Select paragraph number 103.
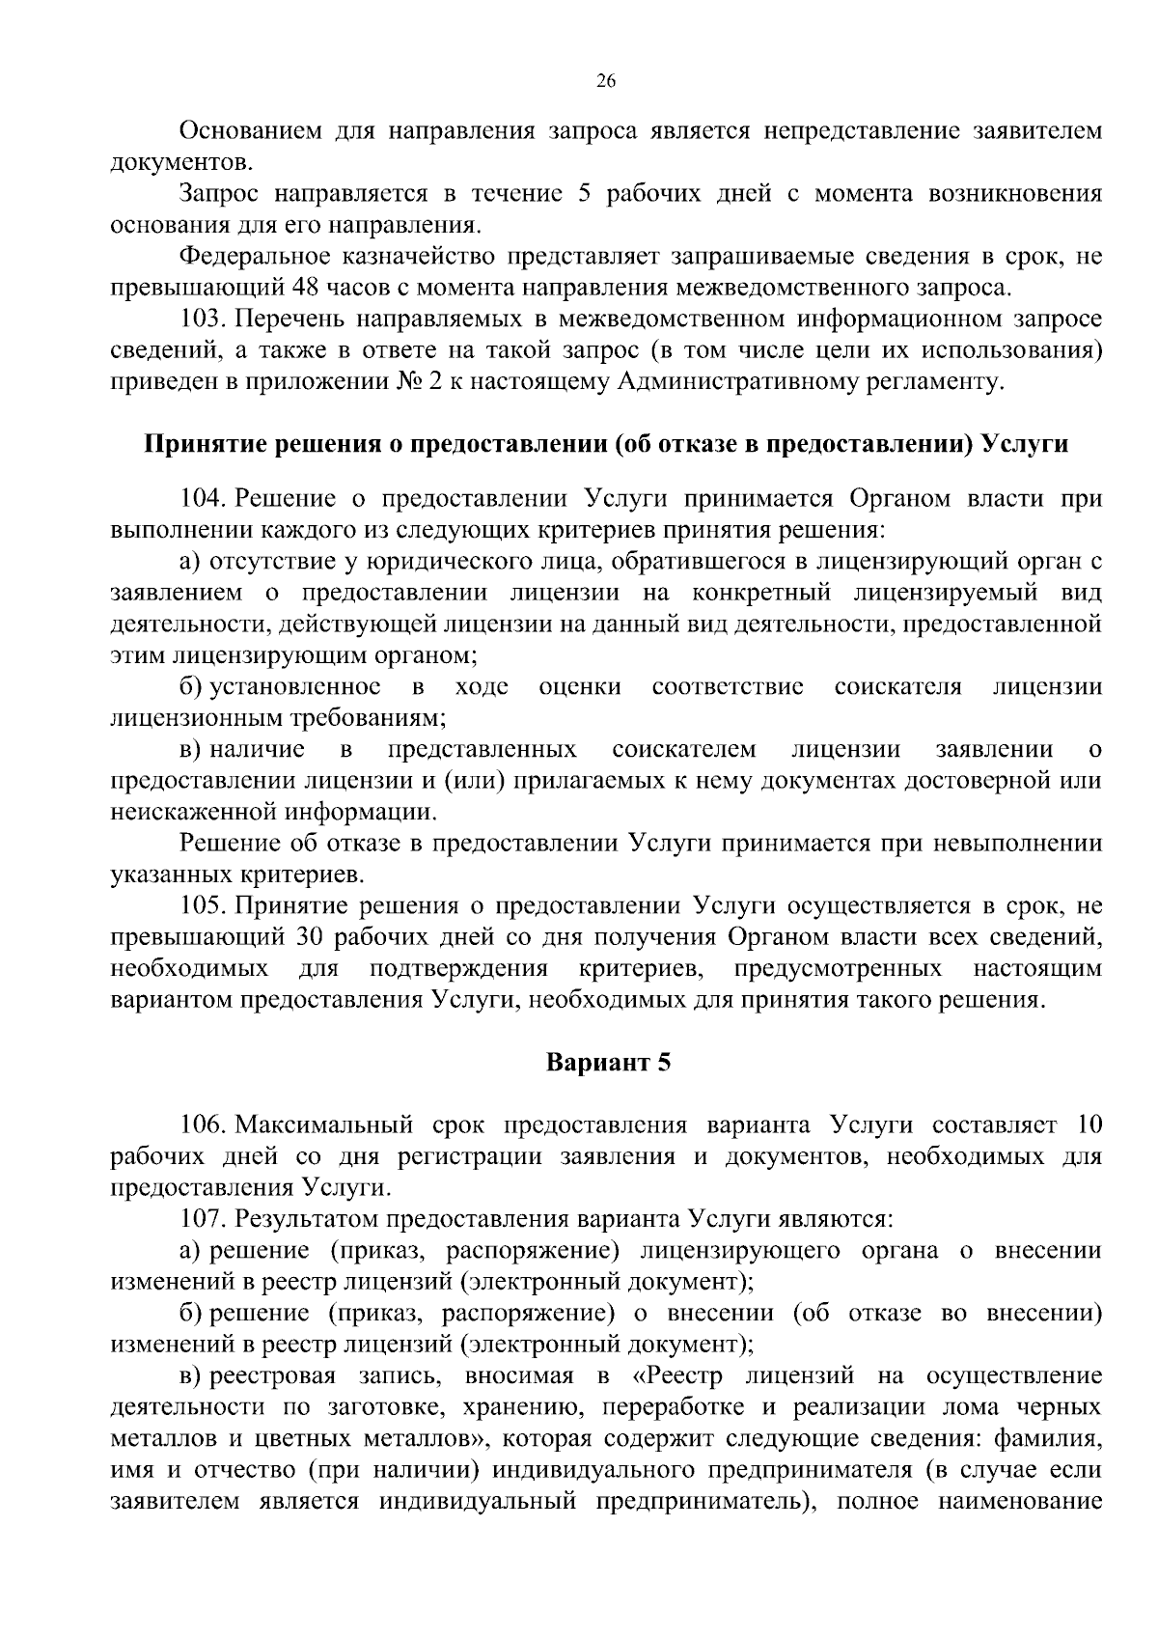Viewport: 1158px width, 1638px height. pos(203,319)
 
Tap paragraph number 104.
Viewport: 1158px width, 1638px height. pos(203,498)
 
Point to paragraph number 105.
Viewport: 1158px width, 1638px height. pos(203,905)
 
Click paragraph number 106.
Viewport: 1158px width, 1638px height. pos(203,1124)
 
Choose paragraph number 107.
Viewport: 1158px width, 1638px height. pos(203,1218)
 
